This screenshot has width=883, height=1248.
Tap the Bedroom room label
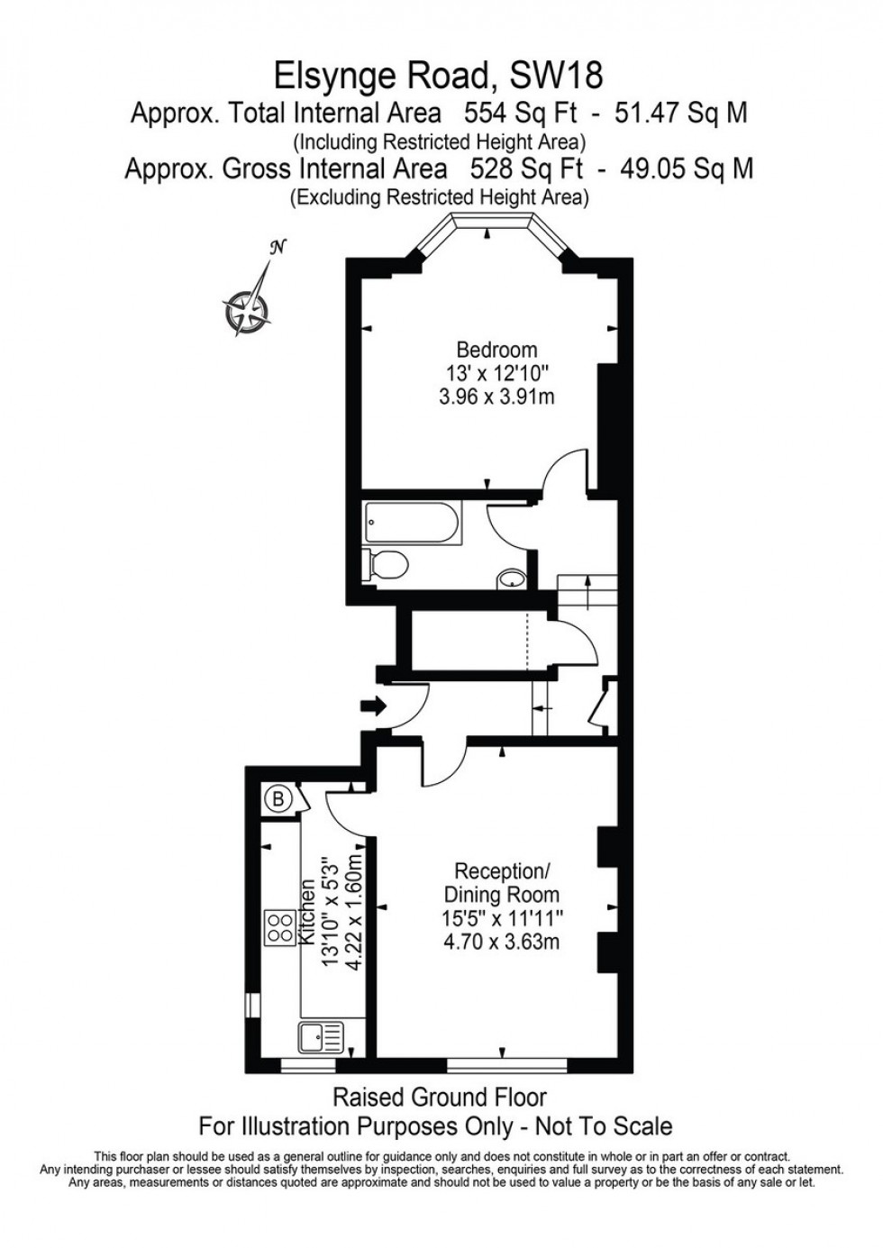(497, 350)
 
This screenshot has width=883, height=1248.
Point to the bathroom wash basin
(512, 578)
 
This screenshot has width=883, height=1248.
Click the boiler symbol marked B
(278, 800)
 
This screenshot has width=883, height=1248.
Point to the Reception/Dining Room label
(502, 881)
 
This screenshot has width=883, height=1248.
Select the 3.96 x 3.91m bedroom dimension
(497, 397)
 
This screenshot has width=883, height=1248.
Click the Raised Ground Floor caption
(440, 1098)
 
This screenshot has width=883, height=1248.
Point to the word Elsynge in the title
(336, 78)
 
